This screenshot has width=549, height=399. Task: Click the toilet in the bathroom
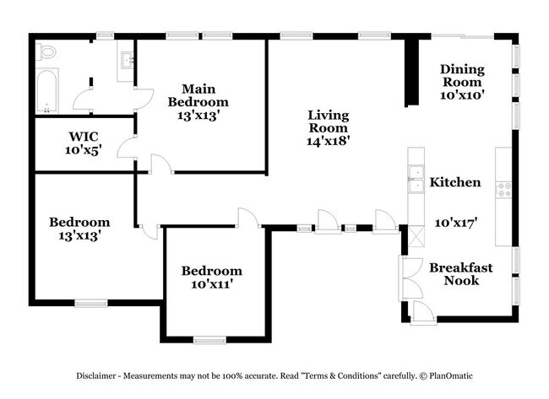tap(46, 52)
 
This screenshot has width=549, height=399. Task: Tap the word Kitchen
tap(455, 182)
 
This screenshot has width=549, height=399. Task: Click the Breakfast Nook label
tap(461, 274)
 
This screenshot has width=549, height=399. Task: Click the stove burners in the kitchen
tap(503, 191)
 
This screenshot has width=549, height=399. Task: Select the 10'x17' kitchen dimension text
tap(457, 223)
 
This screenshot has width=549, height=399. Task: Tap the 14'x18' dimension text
tap(328, 141)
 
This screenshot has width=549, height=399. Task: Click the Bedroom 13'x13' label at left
tap(79, 229)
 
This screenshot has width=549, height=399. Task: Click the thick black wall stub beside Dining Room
tap(411, 72)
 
